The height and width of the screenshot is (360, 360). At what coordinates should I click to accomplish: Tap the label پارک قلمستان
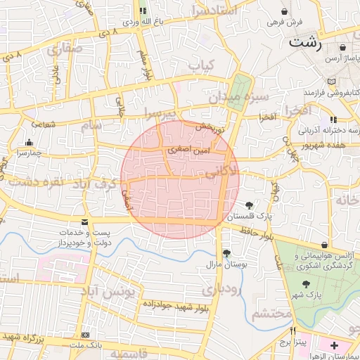click(249, 217)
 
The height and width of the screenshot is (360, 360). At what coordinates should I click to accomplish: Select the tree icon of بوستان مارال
click(226, 253)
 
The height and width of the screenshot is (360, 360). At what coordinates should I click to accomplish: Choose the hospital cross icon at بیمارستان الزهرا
click(334, 346)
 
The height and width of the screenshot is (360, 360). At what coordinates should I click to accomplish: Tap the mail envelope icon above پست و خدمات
click(84, 223)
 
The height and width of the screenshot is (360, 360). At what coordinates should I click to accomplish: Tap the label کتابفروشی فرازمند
click(331, 93)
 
